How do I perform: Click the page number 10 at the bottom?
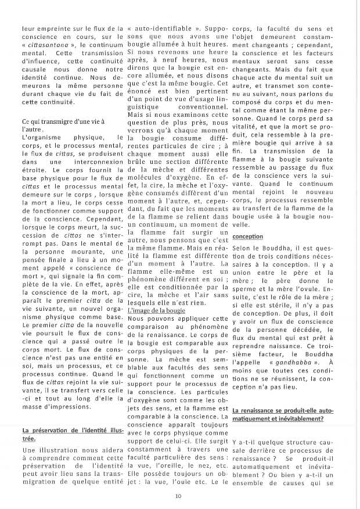click(x=179, y=496)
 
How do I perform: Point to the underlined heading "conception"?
click(x=247, y=237)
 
